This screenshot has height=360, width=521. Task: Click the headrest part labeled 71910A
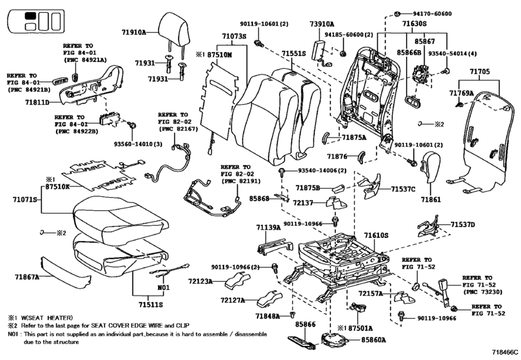175,32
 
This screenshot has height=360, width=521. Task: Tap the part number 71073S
234,36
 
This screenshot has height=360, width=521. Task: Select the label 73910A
322,24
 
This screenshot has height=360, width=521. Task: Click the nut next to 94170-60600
397,14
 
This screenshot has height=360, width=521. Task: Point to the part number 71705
479,71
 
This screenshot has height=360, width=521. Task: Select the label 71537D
463,225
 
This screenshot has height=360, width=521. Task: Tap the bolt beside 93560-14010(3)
132,125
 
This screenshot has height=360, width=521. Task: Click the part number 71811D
37,102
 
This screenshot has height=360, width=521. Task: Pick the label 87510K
57,187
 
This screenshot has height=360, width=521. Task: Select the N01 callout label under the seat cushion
163,287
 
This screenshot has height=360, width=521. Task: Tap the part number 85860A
373,339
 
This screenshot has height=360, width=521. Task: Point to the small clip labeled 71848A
292,314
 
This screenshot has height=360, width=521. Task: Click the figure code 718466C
505,352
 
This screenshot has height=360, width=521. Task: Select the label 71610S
376,235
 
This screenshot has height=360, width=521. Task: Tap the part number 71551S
294,54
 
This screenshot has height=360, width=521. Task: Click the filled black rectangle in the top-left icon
31,15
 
